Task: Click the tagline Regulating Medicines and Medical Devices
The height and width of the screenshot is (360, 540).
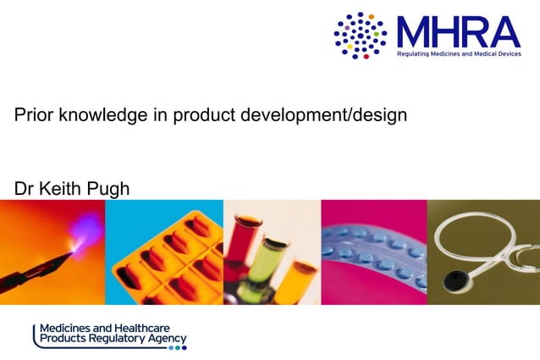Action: (458, 53)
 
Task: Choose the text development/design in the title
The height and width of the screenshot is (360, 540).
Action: (326, 114)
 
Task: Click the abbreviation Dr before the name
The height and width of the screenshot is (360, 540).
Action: (24, 188)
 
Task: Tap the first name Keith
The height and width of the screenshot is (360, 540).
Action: (60, 188)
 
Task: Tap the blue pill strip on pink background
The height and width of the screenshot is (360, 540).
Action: (372, 254)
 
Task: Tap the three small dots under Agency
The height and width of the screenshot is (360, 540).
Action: (177, 347)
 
